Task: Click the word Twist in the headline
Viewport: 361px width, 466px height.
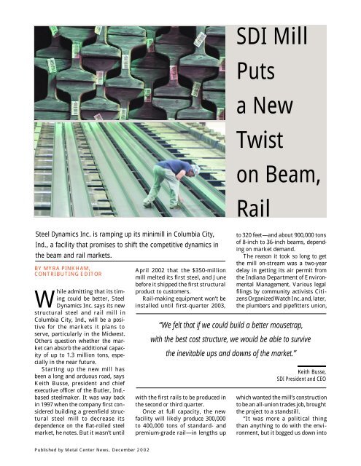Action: [x=257, y=136]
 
